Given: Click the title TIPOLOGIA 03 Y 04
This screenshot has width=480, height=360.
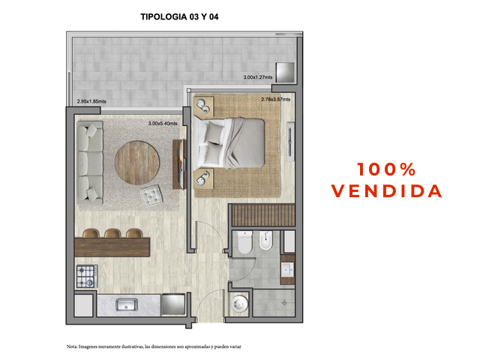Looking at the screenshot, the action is pos(179,16).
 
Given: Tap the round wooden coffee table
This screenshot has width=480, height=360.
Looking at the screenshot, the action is pos(137,163).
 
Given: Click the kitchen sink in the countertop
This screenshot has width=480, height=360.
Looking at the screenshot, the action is pos(127,305).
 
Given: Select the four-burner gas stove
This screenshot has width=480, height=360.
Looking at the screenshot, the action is pos(87,276).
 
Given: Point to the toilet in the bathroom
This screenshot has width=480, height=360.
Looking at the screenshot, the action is pos(245,242).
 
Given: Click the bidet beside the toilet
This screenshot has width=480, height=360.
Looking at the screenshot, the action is pos(265,241).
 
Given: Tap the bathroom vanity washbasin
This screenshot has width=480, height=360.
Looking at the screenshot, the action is pos(287,270).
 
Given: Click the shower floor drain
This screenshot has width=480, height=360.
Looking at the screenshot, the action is pos(284,303).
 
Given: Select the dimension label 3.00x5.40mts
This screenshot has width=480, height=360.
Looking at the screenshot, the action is pos(163,123).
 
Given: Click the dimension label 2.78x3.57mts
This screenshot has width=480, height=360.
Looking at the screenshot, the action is pos(275,99).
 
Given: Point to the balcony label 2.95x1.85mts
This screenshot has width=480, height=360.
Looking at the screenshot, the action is pos(91,101).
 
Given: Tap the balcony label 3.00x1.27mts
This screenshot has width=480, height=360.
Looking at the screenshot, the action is pos(258,77).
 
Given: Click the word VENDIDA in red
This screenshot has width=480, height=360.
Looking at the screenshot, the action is pos(387,191).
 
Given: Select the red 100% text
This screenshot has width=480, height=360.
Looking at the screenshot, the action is pos(386,169).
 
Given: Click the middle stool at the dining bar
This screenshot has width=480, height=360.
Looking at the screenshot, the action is pos(112,233).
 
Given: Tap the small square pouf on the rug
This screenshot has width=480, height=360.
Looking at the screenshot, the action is pos(151,196).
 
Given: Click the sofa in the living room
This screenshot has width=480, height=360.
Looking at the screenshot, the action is pos(90,163).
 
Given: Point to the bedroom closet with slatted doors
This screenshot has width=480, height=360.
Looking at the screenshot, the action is pos(263,215).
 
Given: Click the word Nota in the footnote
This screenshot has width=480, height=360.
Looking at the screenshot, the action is pos(72,346).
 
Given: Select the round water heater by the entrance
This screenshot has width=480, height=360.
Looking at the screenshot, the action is pos(239,303).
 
